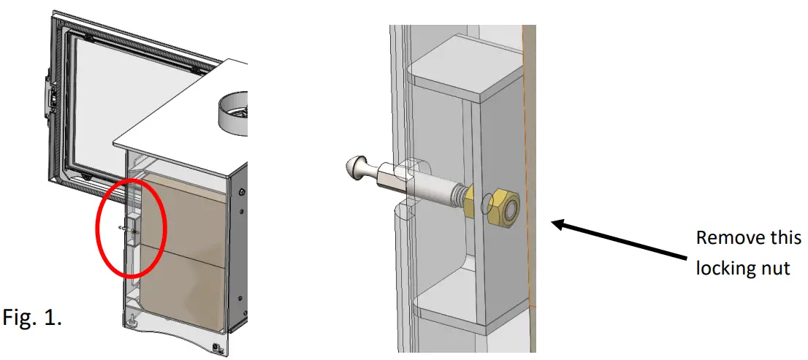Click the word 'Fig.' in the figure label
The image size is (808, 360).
(23, 318)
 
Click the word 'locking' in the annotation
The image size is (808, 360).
(725, 268)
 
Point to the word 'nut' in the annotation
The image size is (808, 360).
(775, 268)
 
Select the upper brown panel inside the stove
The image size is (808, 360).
(183, 208)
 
